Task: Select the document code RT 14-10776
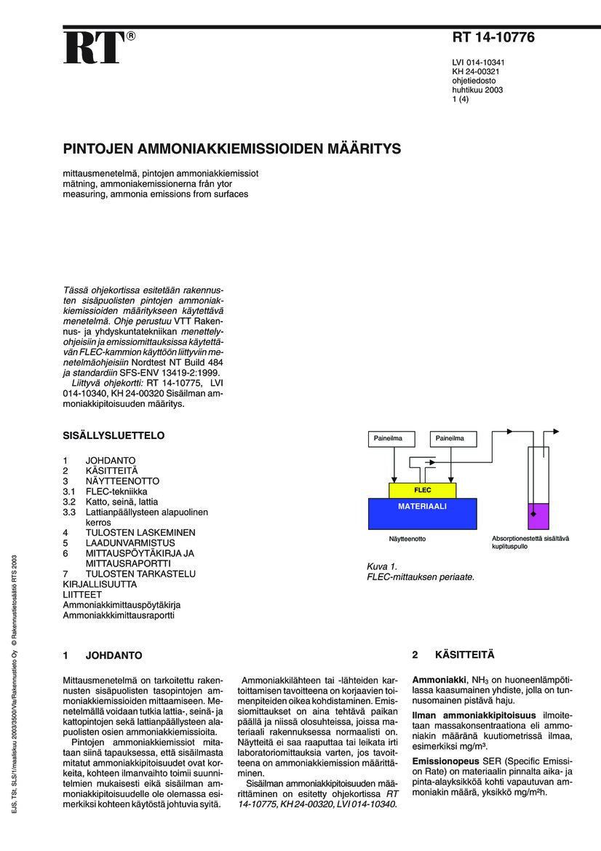click(x=493, y=38)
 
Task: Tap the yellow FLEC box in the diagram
click(x=423, y=490)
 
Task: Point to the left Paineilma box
click(x=393, y=439)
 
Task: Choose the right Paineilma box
click(x=455, y=439)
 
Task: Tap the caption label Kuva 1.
click(x=382, y=566)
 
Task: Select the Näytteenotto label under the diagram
click(x=407, y=539)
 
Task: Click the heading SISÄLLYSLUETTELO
click(x=114, y=436)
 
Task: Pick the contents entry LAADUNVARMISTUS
click(x=130, y=542)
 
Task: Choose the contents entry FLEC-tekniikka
click(x=116, y=491)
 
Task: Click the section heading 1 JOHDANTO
click(x=103, y=655)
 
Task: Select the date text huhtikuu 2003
click(x=478, y=91)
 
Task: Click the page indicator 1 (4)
click(x=461, y=100)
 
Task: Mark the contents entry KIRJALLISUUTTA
click(x=100, y=585)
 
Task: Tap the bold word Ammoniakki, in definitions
click(x=439, y=679)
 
